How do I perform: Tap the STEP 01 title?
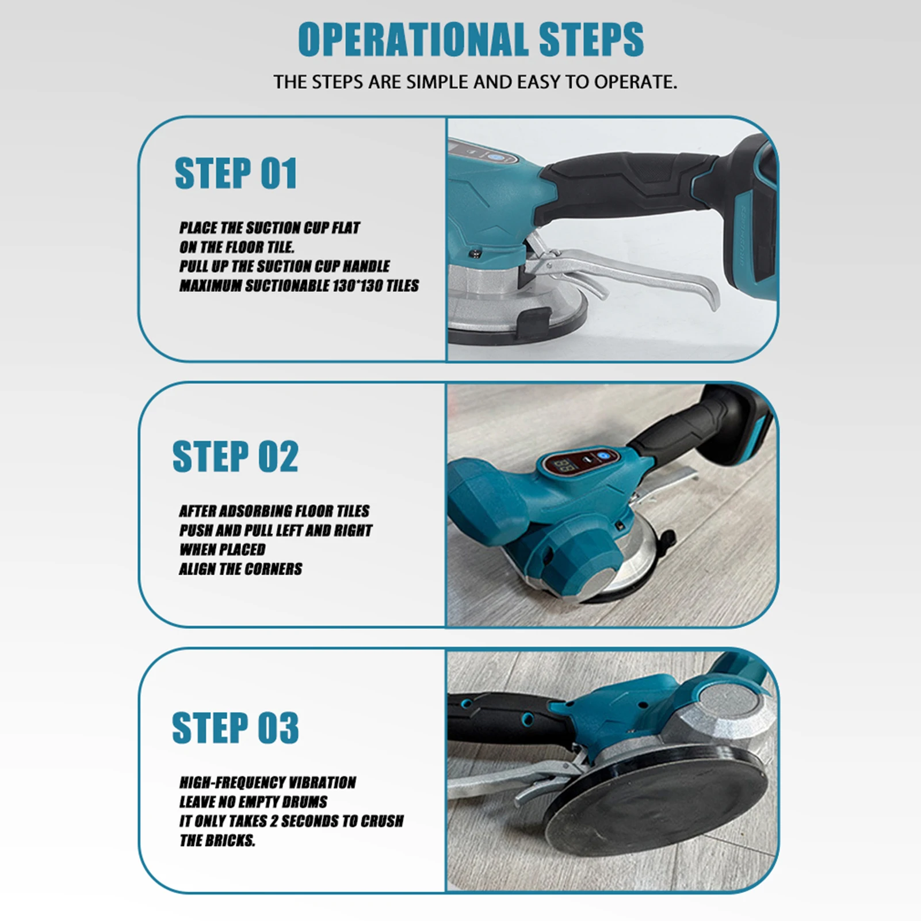click(x=235, y=173)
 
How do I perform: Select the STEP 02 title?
click(x=235, y=456)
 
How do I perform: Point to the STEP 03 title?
click(x=235, y=728)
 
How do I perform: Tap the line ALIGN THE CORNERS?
click(x=240, y=569)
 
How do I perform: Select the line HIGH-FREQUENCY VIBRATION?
click(x=267, y=782)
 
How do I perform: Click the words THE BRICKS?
click(x=217, y=840)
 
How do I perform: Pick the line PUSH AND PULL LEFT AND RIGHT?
click(x=276, y=530)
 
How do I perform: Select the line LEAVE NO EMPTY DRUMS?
click(x=253, y=802)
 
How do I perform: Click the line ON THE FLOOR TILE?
click(x=236, y=247)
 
